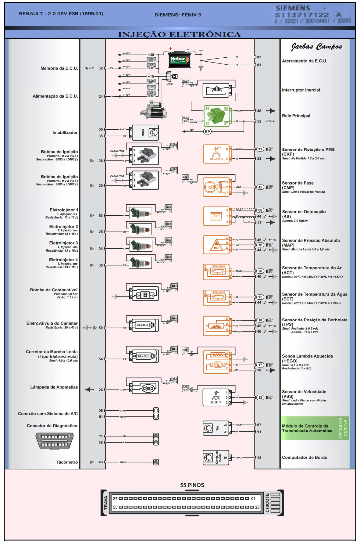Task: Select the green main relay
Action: pyautogui.click(x=216, y=116)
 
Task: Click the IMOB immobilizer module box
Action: pyautogui.click(x=145, y=133)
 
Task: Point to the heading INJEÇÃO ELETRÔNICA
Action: pyautogui.click(x=179, y=34)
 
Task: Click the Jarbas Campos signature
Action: pyautogui.click(x=316, y=46)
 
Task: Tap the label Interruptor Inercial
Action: pyautogui.click(x=301, y=90)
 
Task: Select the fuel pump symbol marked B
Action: pyautogui.click(x=145, y=295)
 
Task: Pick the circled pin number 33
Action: pyautogui.click(x=260, y=149)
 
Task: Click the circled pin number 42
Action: pyautogui.click(x=260, y=187)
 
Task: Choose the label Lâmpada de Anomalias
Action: pyautogui.click(x=54, y=387)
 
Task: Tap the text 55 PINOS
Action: pyautogui.click(x=192, y=485)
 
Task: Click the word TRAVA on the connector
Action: pyautogui.click(x=106, y=503)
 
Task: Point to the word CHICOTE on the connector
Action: pyautogui.click(x=267, y=503)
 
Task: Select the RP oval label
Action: pyautogui.click(x=207, y=132)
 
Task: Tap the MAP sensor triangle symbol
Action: pyautogui.click(x=216, y=245)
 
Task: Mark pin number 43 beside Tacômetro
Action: pyautogui.click(x=101, y=462)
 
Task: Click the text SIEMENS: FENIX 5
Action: pyautogui.click(x=178, y=15)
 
